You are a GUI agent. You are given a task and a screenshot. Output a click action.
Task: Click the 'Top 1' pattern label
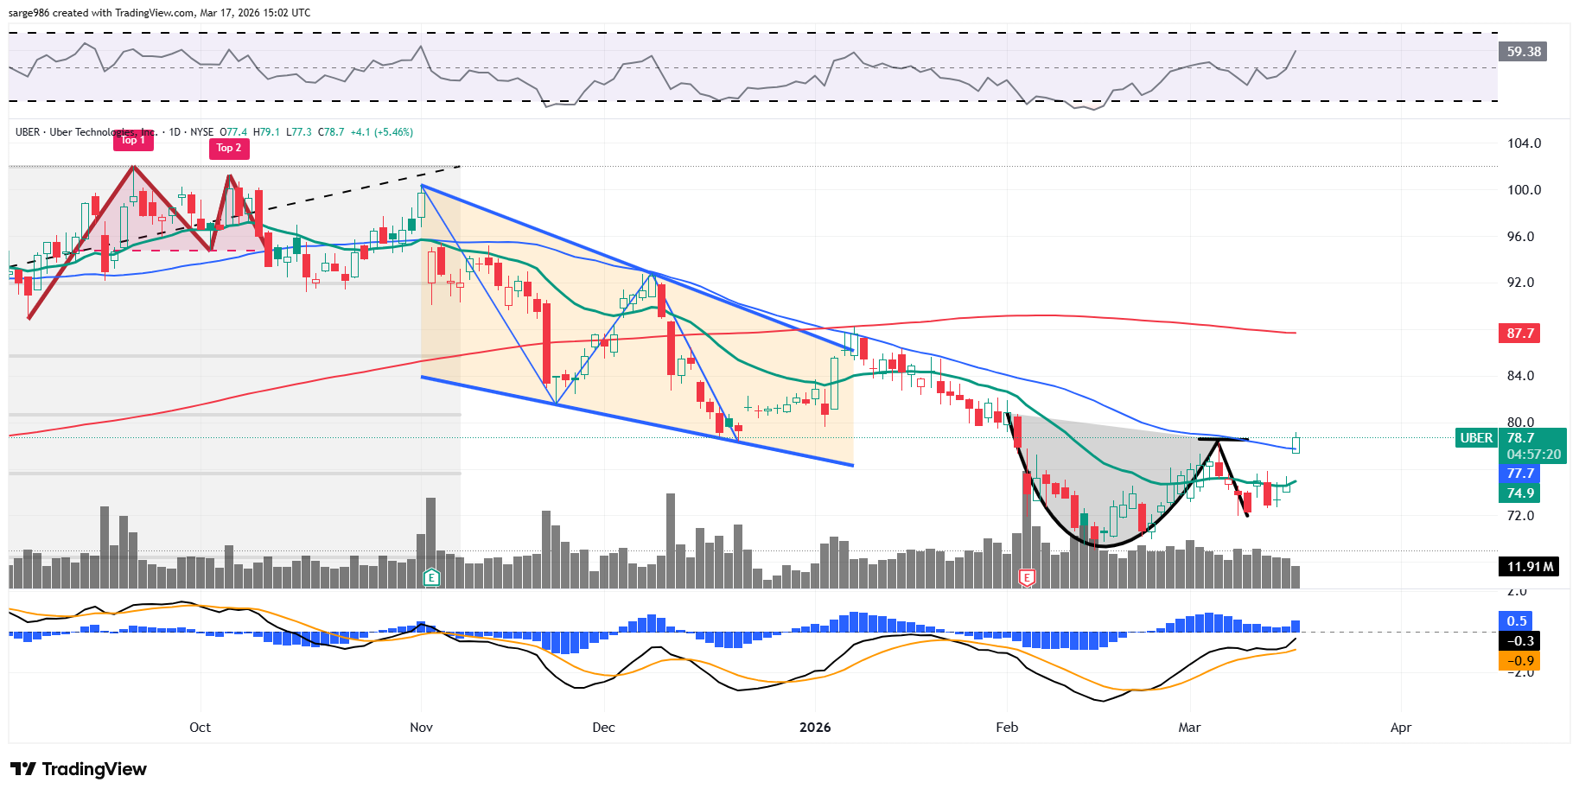[133, 140]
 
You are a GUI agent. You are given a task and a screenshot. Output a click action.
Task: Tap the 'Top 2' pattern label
[229, 148]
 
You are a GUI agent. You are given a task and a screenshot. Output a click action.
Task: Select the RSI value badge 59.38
[1524, 52]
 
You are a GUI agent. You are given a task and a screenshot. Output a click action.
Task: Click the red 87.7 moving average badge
[1520, 334]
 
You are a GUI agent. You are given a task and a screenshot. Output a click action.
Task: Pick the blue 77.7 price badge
[1520, 474]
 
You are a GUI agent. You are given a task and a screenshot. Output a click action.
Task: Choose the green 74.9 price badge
[1520, 493]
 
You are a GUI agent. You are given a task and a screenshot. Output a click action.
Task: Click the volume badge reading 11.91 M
[1530, 567]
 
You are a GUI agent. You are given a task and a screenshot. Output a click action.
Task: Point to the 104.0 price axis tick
[1524, 143]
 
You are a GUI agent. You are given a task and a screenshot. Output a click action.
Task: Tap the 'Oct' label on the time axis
[200, 728]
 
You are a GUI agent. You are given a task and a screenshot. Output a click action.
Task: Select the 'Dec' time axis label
[603, 728]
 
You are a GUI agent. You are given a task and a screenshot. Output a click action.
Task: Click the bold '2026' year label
[815, 728]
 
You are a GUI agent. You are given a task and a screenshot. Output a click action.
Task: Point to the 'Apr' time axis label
[1400, 728]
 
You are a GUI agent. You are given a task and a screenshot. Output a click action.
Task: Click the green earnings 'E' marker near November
[431, 577]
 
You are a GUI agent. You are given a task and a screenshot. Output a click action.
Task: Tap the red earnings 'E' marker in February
[1027, 577]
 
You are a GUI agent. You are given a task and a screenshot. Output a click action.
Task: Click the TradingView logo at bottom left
[79, 769]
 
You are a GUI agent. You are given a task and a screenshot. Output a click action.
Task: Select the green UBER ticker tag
[1476, 438]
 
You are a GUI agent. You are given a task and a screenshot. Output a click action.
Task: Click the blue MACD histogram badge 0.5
[1517, 621]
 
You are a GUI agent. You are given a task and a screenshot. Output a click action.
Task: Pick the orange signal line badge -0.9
[1520, 661]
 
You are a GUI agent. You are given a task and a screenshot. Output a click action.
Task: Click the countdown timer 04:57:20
[1534, 455]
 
